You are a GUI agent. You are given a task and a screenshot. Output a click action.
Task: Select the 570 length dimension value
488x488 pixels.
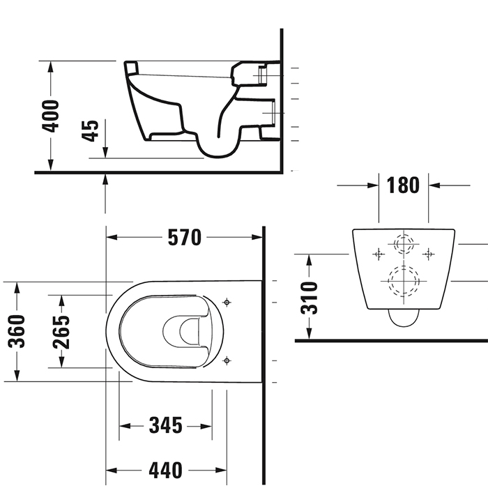[184, 238]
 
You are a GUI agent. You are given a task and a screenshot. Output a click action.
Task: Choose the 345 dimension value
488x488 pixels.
[165, 425]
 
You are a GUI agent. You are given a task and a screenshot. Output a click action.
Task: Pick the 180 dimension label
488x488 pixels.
[403, 185]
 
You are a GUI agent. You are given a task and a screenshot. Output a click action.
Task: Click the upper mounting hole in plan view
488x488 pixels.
[226, 302]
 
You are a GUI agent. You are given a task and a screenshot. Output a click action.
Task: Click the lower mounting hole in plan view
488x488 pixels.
[226, 360]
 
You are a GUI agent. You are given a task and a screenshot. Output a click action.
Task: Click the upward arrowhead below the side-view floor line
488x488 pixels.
[105, 180]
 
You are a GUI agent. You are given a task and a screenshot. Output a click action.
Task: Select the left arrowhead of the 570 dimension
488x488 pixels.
[111, 238]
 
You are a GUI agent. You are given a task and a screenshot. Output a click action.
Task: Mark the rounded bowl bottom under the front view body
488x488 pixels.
[402, 319]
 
